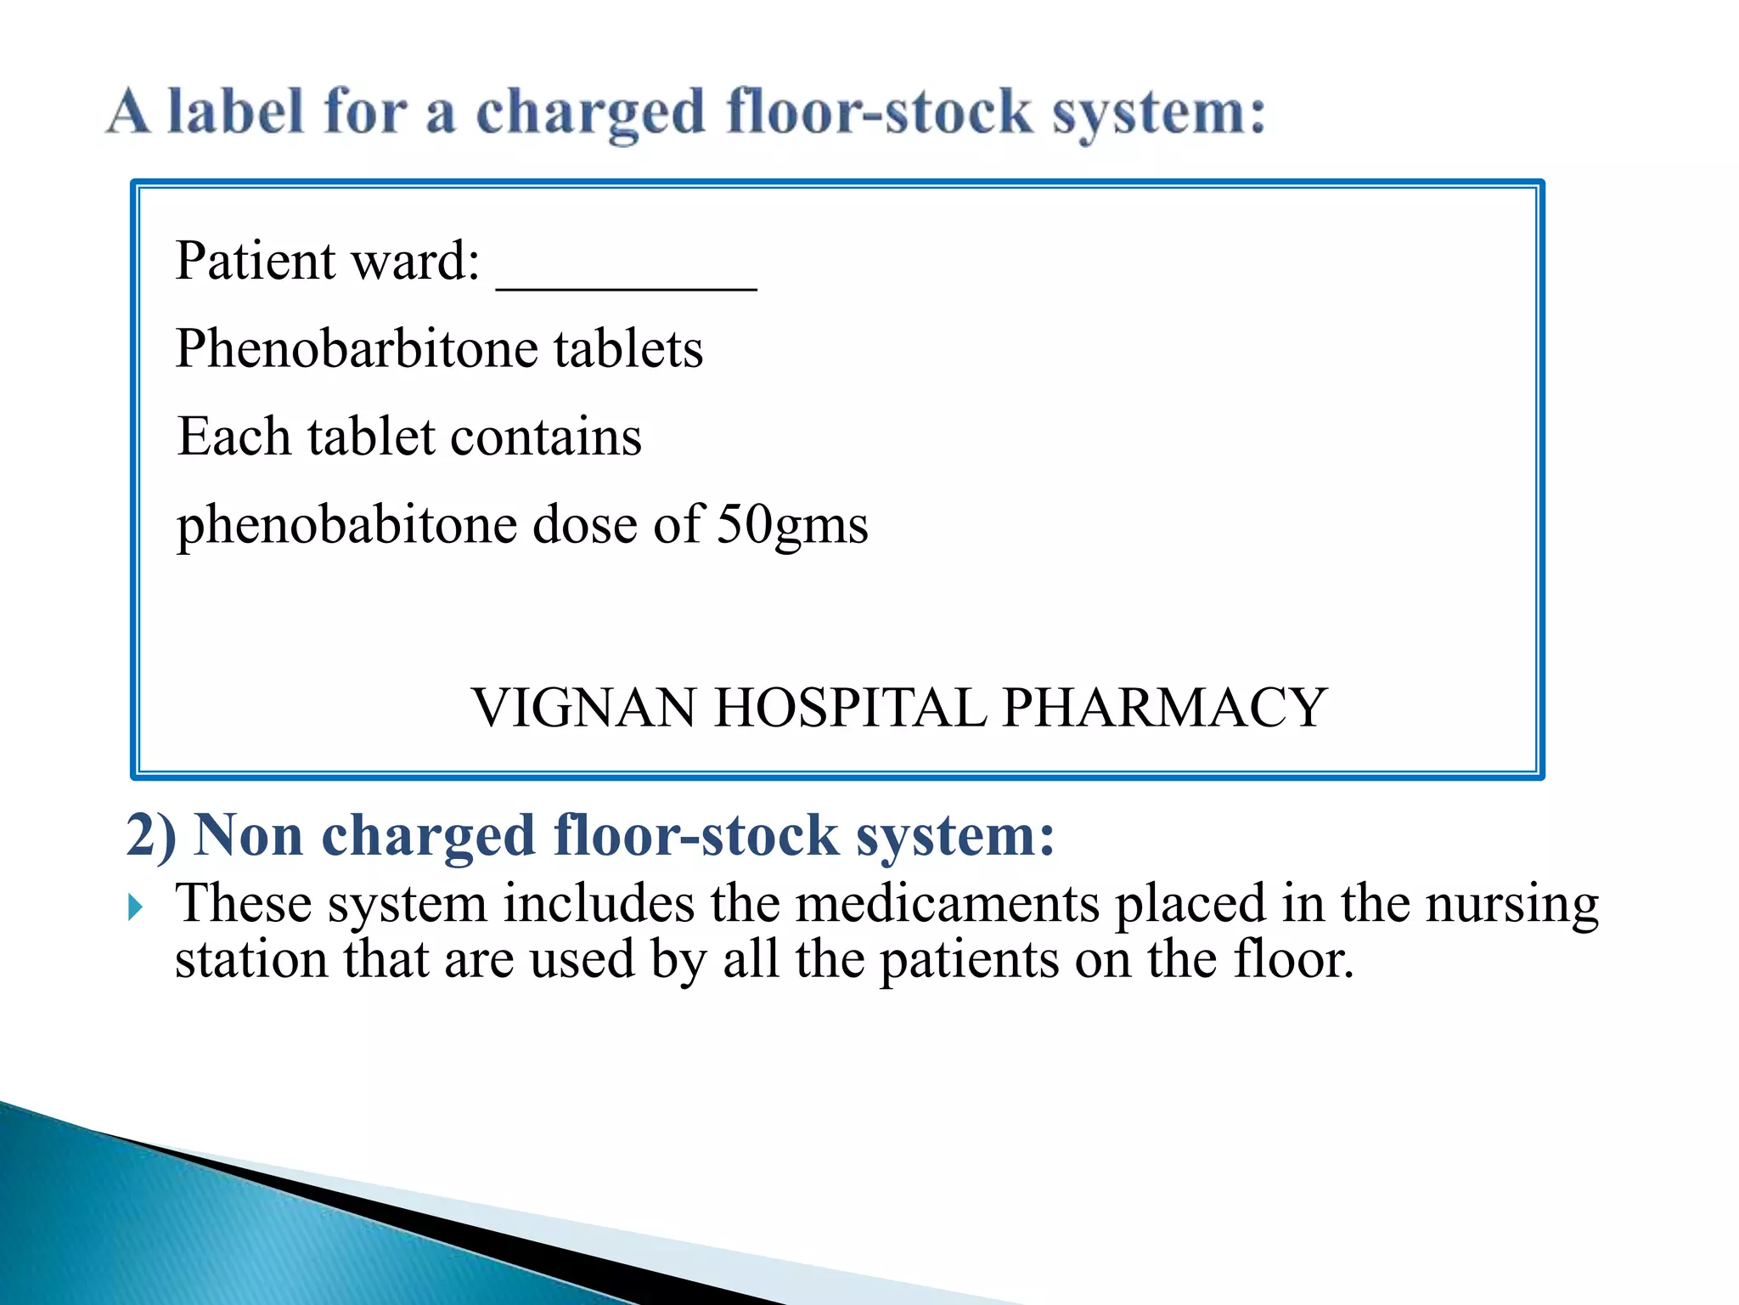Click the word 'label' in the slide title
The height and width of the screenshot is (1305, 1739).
pos(235,112)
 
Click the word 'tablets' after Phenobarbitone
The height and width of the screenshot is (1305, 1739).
pos(628,349)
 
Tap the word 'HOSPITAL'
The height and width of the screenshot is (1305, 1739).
pos(850,708)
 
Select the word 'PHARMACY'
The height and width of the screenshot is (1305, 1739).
pos(1164,708)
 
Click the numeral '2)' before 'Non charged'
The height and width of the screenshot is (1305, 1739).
pos(151,835)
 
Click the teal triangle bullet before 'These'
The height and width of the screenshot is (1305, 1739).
pos(136,907)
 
